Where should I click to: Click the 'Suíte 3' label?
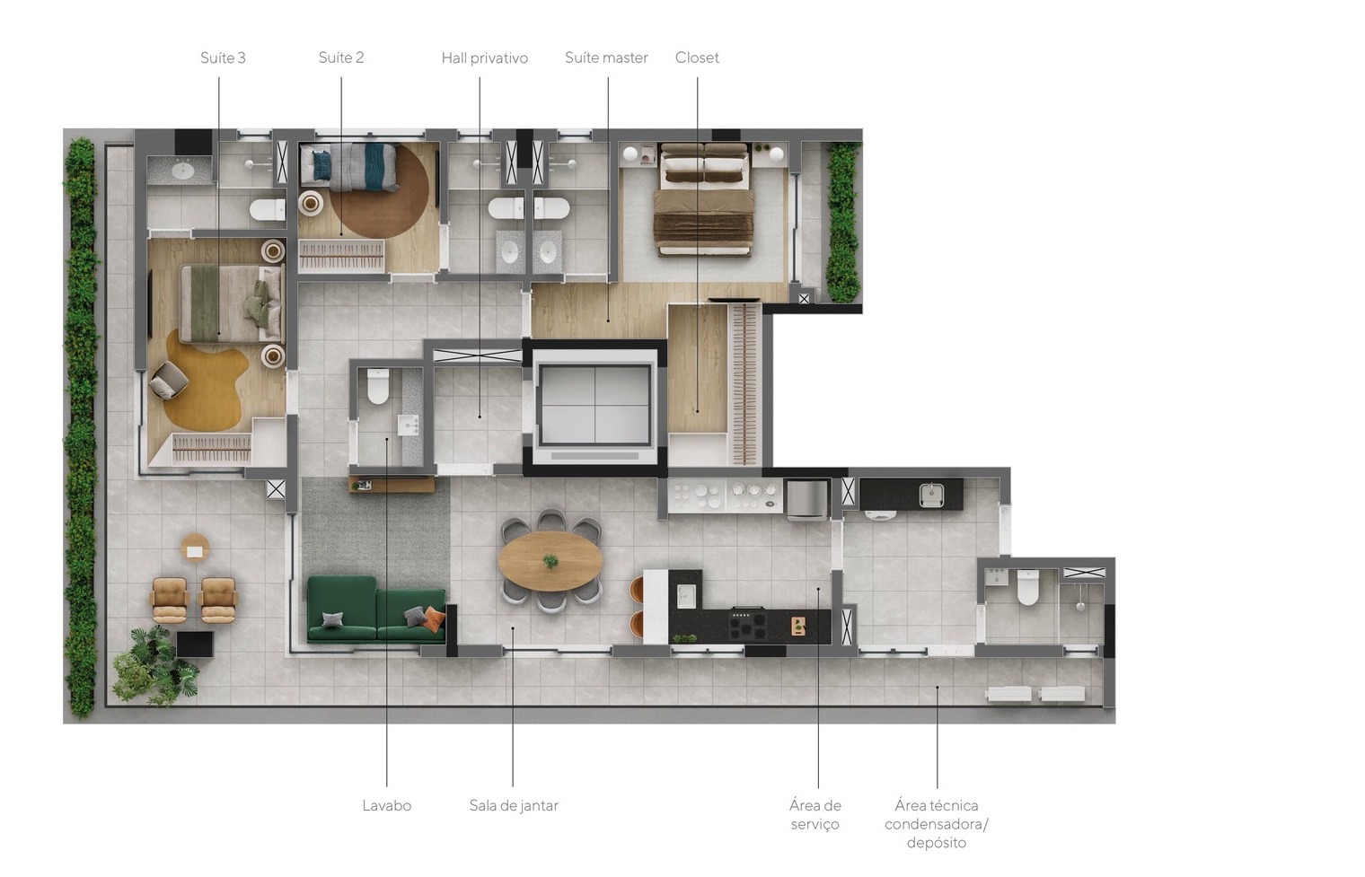pos(223,57)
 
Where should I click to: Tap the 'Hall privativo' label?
pos(484,58)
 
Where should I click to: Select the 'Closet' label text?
pos(697,57)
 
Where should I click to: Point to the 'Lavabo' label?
pos(387,806)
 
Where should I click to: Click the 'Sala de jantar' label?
pos(514,806)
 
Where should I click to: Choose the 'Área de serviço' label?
pos(815,815)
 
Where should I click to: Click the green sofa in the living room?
pos(376,609)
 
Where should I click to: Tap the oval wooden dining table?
pos(550,561)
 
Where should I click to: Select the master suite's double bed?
pos(704,200)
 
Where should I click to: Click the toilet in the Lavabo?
pos(378,386)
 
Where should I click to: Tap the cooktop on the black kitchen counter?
pos(748,624)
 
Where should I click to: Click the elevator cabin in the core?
pos(594,406)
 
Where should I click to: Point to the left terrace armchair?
pos(170,600)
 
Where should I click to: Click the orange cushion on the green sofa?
pos(434,619)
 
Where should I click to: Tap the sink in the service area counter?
pos(931,494)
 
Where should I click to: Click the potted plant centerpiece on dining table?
pos(550,561)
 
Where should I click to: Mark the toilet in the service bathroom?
pos(1028,587)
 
